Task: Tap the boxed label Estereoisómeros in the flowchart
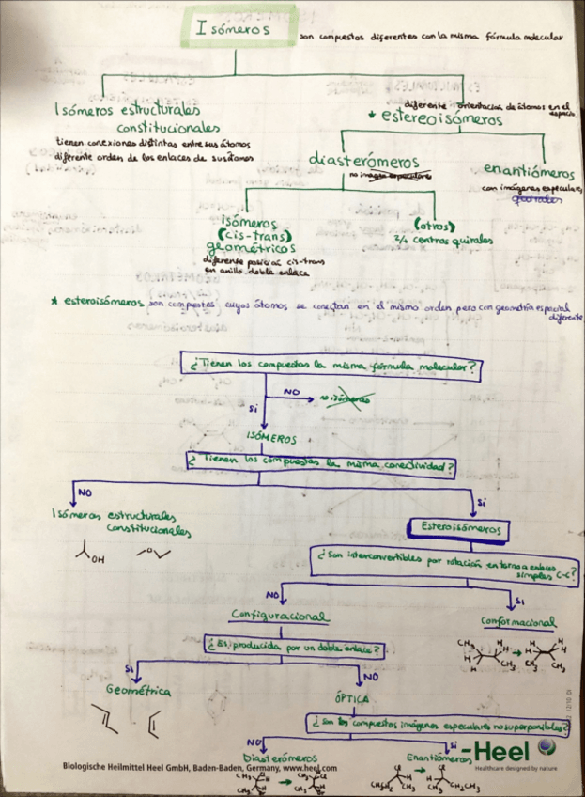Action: click(461, 529)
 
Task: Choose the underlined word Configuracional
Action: click(280, 616)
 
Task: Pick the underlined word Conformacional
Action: click(518, 622)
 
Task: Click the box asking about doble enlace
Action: click(294, 648)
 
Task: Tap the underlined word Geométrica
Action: click(139, 691)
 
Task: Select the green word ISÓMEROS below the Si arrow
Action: click(270, 438)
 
